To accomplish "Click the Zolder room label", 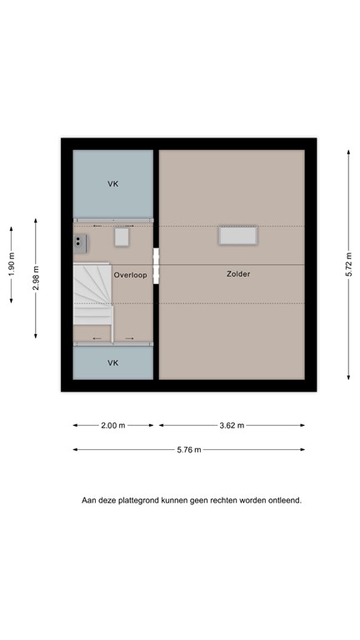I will [237, 273].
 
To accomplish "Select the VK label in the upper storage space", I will [112, 183].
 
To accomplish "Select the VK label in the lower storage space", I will [112, 362].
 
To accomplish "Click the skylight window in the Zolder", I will [237, 236].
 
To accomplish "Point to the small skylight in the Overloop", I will [122, 237].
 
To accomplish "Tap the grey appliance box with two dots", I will [81, 242].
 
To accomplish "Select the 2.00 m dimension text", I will [112, 426].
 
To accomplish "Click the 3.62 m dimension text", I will [232, 426].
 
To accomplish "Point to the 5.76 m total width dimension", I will [188, 450].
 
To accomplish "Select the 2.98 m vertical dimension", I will [35, 277].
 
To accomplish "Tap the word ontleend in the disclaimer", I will [284, 501].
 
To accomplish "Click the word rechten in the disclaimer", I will [220, 501].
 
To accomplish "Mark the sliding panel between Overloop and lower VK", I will [112, 338].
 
